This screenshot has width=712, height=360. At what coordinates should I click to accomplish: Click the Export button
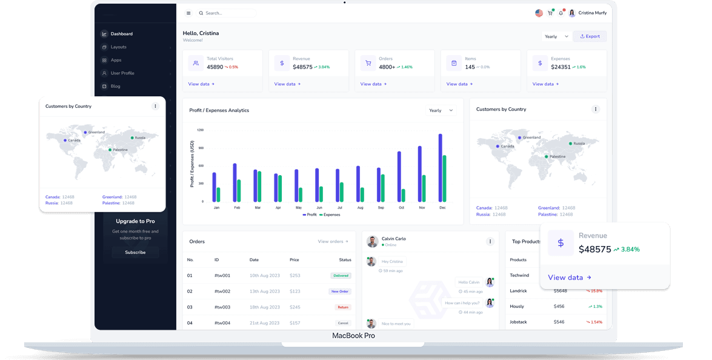point(590,36)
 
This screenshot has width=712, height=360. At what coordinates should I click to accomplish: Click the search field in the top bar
point(227,13)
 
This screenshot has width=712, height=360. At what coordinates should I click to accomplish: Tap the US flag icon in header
point(539,13)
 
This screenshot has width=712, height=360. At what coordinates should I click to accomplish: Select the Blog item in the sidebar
point(115,86)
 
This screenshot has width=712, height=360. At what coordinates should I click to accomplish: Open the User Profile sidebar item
point(122,73)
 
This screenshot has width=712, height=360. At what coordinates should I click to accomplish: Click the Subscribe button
point(135,252)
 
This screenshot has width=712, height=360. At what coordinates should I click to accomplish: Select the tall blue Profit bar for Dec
point(440,168)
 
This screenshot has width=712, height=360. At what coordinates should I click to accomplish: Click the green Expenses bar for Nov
point(424,188)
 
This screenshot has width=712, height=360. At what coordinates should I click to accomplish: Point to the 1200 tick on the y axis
point(200,130)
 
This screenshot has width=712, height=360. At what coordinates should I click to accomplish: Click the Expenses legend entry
point(330,215)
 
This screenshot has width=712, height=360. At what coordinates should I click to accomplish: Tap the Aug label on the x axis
point(360,207)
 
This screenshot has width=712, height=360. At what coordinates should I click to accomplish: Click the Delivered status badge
point(341,276)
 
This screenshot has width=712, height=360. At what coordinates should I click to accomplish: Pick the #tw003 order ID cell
point(222,307)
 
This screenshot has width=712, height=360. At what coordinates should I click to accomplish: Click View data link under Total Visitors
point(201,84)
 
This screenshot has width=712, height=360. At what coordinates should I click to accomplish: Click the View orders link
point(333,242)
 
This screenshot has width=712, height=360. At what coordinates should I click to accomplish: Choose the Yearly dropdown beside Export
point(556,36)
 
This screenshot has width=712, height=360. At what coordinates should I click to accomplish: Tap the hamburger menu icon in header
point(188,13)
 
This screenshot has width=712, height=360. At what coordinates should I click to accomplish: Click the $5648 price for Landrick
point(561,290)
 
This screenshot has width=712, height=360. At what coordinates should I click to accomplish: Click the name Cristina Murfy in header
point(592,13)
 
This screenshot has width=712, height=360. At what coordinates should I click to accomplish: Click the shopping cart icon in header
point(550,13)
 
